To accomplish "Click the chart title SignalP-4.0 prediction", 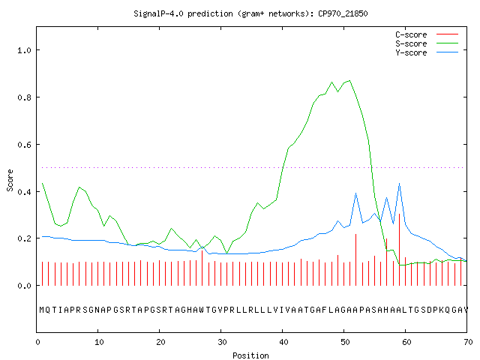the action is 183,13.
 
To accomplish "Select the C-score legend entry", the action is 427,34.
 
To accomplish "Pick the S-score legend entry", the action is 427,43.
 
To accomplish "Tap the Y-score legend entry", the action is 427,52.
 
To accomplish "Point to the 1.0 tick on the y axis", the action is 24,50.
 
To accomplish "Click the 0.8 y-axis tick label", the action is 24,97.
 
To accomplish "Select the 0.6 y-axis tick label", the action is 24,145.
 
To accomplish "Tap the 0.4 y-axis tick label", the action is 24,192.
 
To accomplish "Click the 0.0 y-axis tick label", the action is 24,286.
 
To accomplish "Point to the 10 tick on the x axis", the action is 99,342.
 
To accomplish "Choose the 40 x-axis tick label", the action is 283,342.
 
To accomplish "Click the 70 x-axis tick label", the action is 468,342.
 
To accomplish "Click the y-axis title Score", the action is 10,180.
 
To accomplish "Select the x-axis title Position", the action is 250,355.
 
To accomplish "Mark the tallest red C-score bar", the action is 399,250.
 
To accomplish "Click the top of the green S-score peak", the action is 349,81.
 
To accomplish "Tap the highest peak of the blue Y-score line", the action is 399,183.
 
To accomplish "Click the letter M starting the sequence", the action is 42,310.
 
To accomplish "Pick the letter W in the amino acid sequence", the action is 202,310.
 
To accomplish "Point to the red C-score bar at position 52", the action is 355,259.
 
